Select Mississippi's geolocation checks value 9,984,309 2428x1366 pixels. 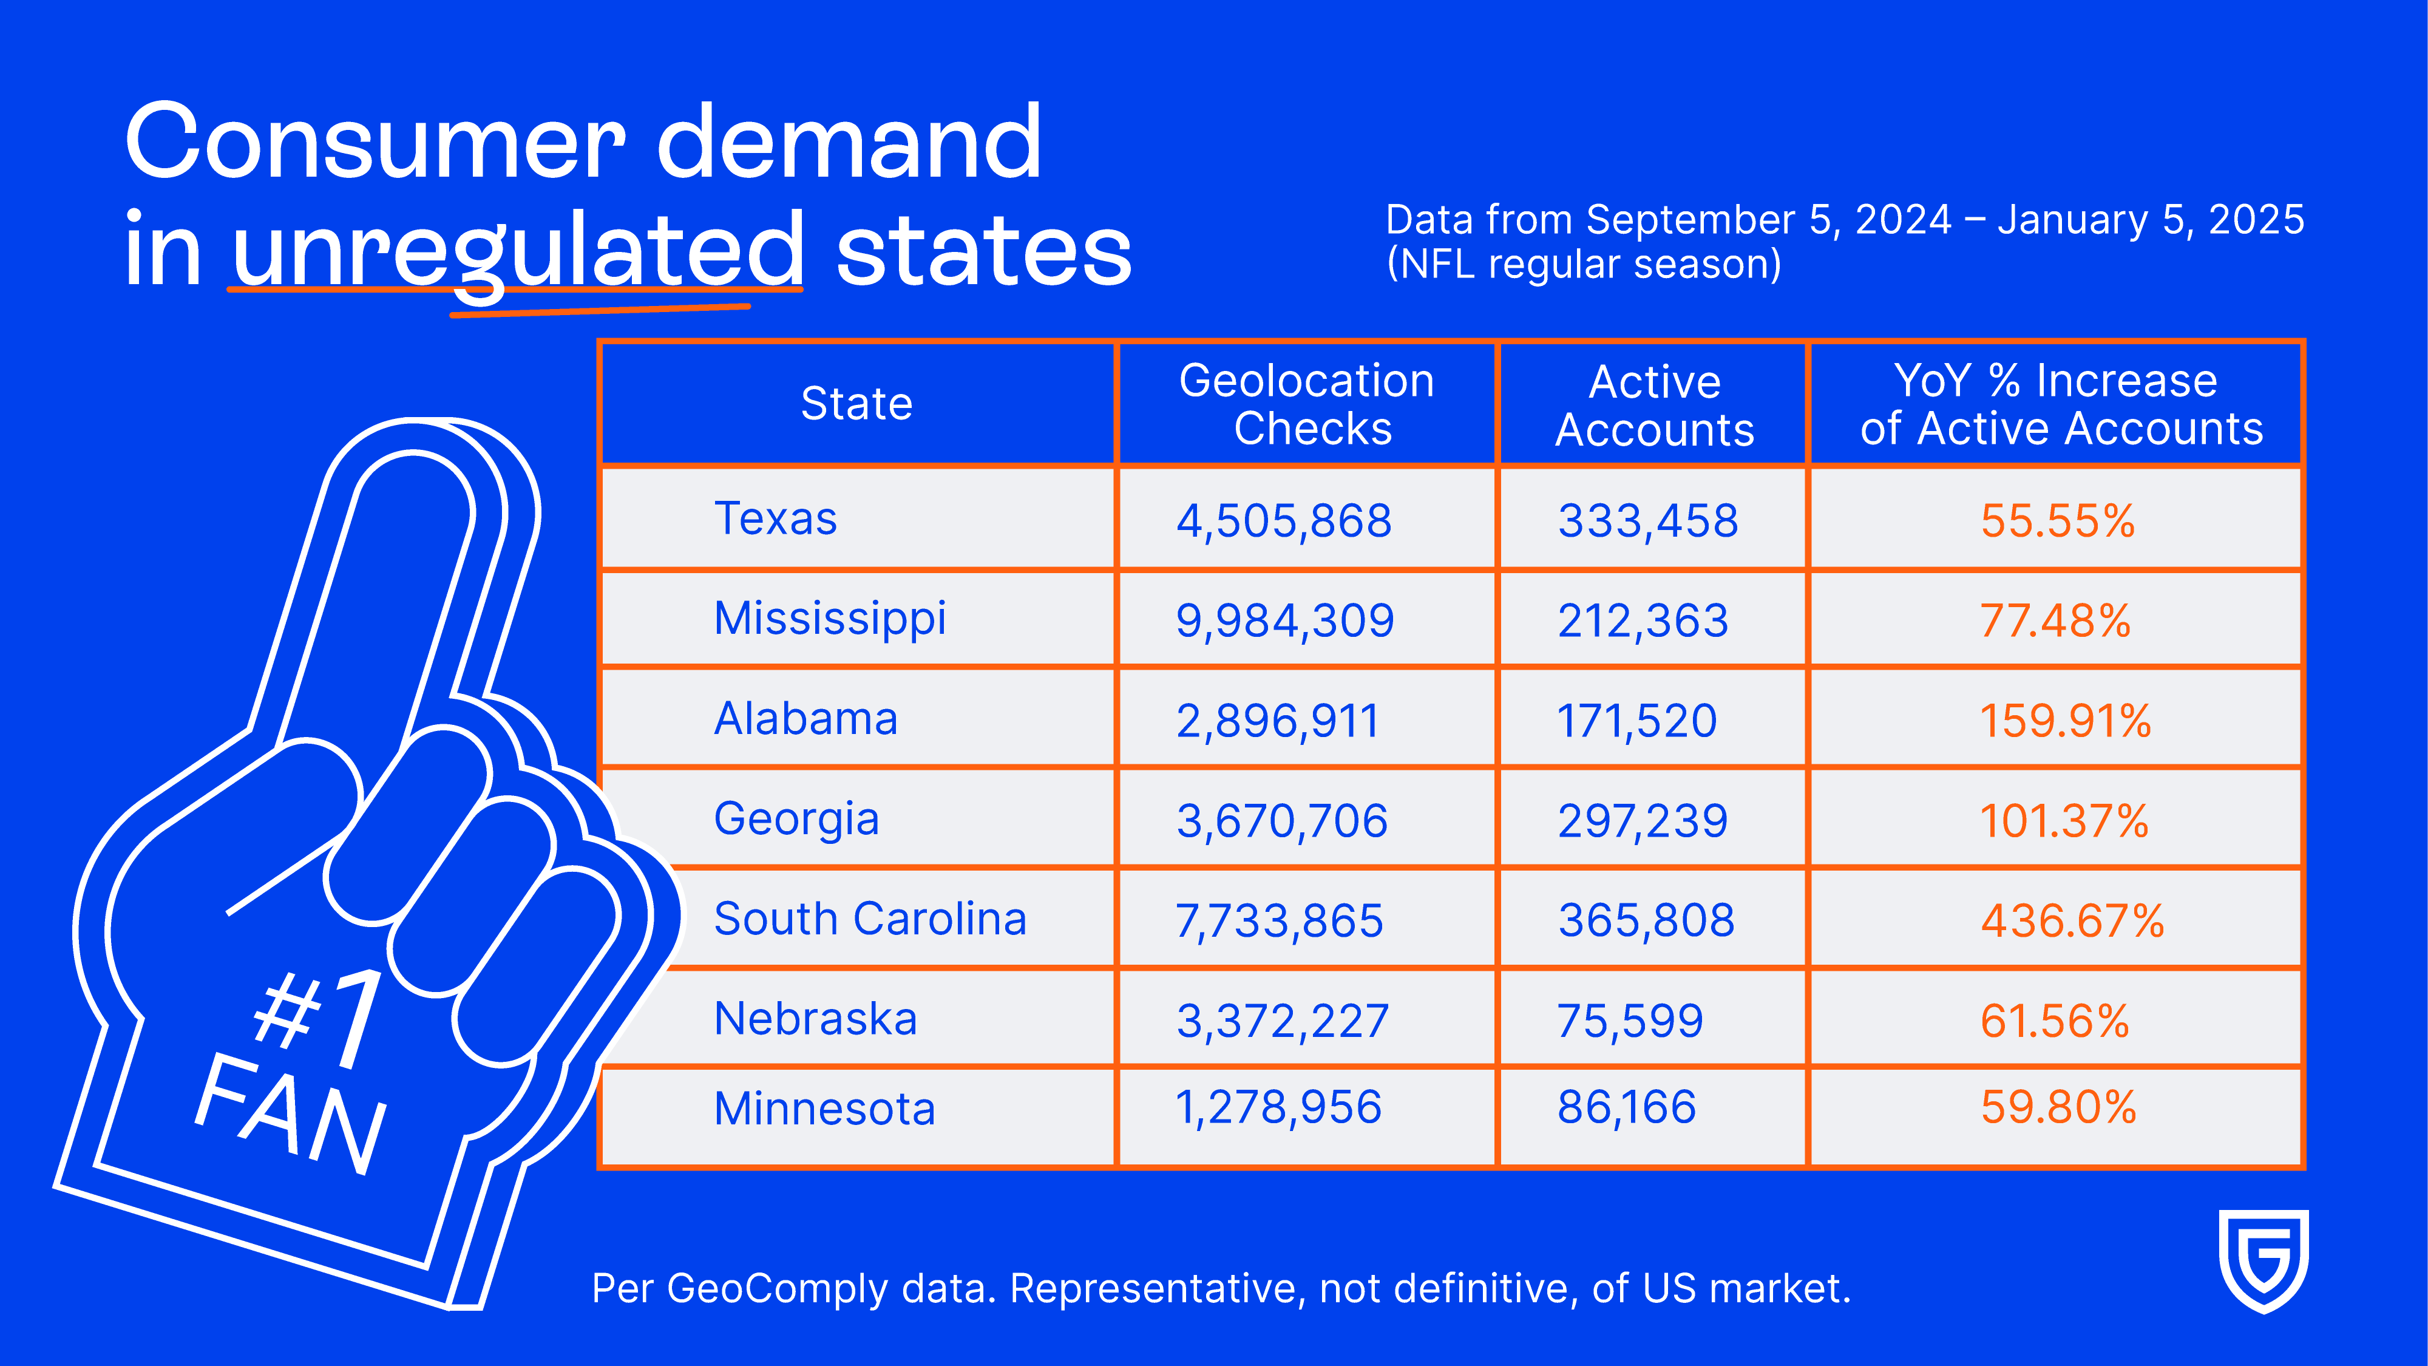pos(1284,620)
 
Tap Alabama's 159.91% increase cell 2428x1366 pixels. pos(2064,721)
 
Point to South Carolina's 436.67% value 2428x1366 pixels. pos(2072,920)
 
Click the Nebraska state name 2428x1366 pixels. pos(815,1019)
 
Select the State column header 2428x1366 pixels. pos(856,404)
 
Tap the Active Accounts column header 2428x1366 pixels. pos(1654,406)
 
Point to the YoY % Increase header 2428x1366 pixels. pos(2060,404)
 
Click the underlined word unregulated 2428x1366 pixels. pos(517,250)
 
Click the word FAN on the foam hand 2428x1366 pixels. pos(290,1112)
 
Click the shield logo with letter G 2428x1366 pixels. pos(2263,1260)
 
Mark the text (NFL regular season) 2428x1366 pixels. pos(1584,265)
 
